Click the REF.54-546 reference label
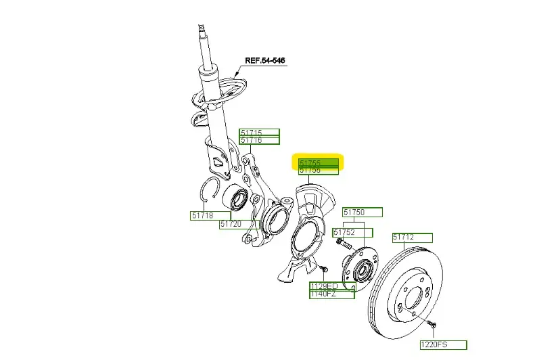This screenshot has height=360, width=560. (264, 61)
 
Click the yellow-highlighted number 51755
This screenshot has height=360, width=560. (319, 162)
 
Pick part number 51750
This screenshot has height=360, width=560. (362, 212)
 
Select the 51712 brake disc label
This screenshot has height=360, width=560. (413, 238)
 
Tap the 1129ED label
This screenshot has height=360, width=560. (323, 286)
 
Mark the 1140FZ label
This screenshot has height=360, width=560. (331, 294)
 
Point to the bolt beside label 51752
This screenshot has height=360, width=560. (343, 243)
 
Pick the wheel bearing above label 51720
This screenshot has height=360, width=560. (239, 200)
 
